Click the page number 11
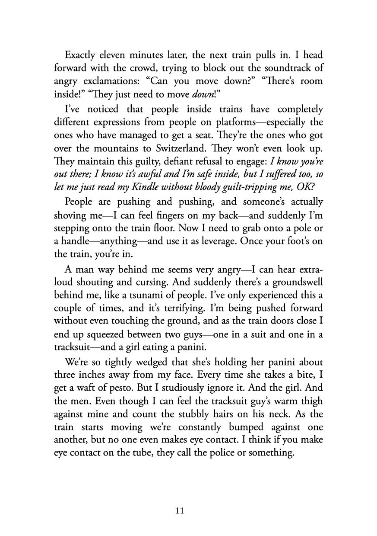tap(180, 511)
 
